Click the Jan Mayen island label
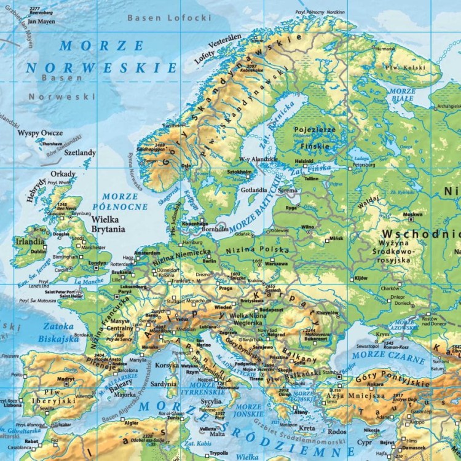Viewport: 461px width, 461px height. pyautogui.click(x=41, y=21)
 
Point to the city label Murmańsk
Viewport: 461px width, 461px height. pyautogui.click(x=385, y=48)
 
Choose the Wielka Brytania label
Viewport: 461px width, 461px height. pyautogui.click(x=108, y=224)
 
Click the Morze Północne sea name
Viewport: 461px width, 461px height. pyautogui.click(x=120, y=201)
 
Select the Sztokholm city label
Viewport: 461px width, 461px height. pyautogui.click(x=240, y=171)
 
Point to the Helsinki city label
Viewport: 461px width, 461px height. pyautogui.click(x=304, y=162)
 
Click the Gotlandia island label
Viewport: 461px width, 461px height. pyautogui.click(x=254, y=190)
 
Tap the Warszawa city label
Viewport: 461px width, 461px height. pyautogui.click(x=276, y=263)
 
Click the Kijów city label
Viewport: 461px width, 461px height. pyautogui.click(x=361, y=278)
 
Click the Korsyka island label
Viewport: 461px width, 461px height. pyautogui.click(x=167, y=365)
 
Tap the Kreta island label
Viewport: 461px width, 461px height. pyautogui.click(x=307, y=428)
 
